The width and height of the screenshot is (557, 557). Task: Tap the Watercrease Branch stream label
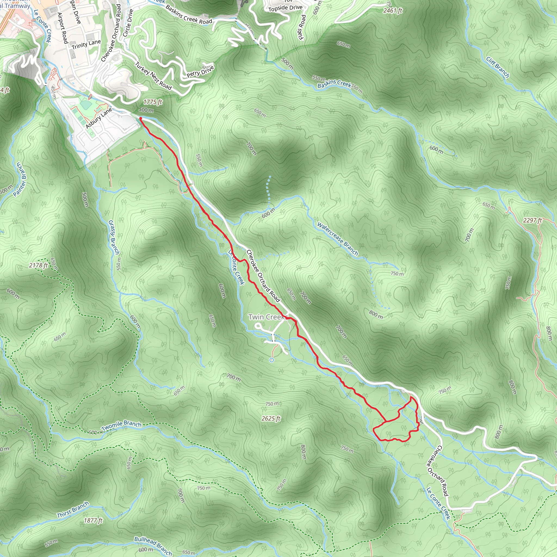337,239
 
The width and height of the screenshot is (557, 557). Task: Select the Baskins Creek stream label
334,84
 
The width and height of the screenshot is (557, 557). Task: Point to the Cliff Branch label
498,67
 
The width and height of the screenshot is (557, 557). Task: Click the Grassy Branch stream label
114,237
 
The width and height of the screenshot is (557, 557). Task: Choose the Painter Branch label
20,180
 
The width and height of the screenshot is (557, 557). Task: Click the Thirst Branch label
73,510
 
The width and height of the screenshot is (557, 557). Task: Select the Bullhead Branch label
153,546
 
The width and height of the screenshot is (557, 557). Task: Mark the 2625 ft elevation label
271,418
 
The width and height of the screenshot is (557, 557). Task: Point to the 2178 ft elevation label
38,265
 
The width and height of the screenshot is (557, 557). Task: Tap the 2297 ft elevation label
533,220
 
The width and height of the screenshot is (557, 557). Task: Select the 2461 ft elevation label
393,11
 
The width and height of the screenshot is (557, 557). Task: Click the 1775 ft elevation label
153,102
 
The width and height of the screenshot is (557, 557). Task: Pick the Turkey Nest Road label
153,76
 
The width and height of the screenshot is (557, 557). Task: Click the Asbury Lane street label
99,118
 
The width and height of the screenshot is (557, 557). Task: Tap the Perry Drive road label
200,71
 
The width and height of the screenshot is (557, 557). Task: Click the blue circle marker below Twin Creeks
271,360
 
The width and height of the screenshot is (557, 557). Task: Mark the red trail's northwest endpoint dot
140,119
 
